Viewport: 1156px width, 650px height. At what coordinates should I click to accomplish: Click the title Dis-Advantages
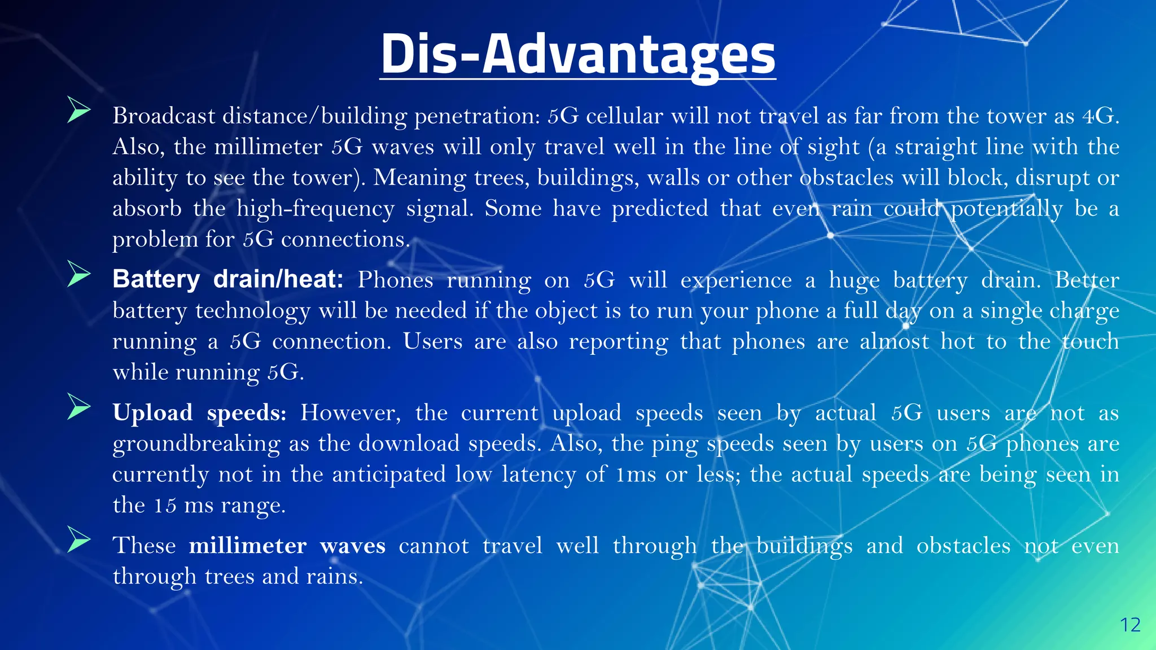tap(578, 54)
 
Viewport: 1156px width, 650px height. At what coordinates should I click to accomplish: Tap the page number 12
tap(1130, 625)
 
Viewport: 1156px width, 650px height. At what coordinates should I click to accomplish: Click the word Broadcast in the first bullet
tap(164, 116)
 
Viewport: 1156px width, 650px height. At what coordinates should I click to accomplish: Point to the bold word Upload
tap(153, 413)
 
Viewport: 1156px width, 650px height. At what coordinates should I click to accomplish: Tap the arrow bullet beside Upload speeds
tap(78, 407)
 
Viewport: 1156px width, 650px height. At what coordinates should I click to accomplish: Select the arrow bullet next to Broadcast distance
tap(78, 109)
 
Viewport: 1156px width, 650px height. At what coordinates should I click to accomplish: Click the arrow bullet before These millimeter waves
tap(78, 539)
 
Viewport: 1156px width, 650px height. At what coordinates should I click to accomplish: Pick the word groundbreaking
tap(196, 444)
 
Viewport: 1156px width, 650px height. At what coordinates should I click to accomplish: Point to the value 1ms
tap(636, 475)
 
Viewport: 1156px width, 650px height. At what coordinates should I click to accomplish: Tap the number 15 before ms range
tap(165, 505)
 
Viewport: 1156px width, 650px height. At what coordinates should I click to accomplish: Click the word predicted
tap(660, 209)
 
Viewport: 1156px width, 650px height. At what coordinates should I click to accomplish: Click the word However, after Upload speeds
tap(351, 413)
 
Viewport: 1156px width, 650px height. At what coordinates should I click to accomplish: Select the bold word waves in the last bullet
tap(353, 546)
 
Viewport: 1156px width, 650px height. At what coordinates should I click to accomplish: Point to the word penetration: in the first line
tap(478, 116)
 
